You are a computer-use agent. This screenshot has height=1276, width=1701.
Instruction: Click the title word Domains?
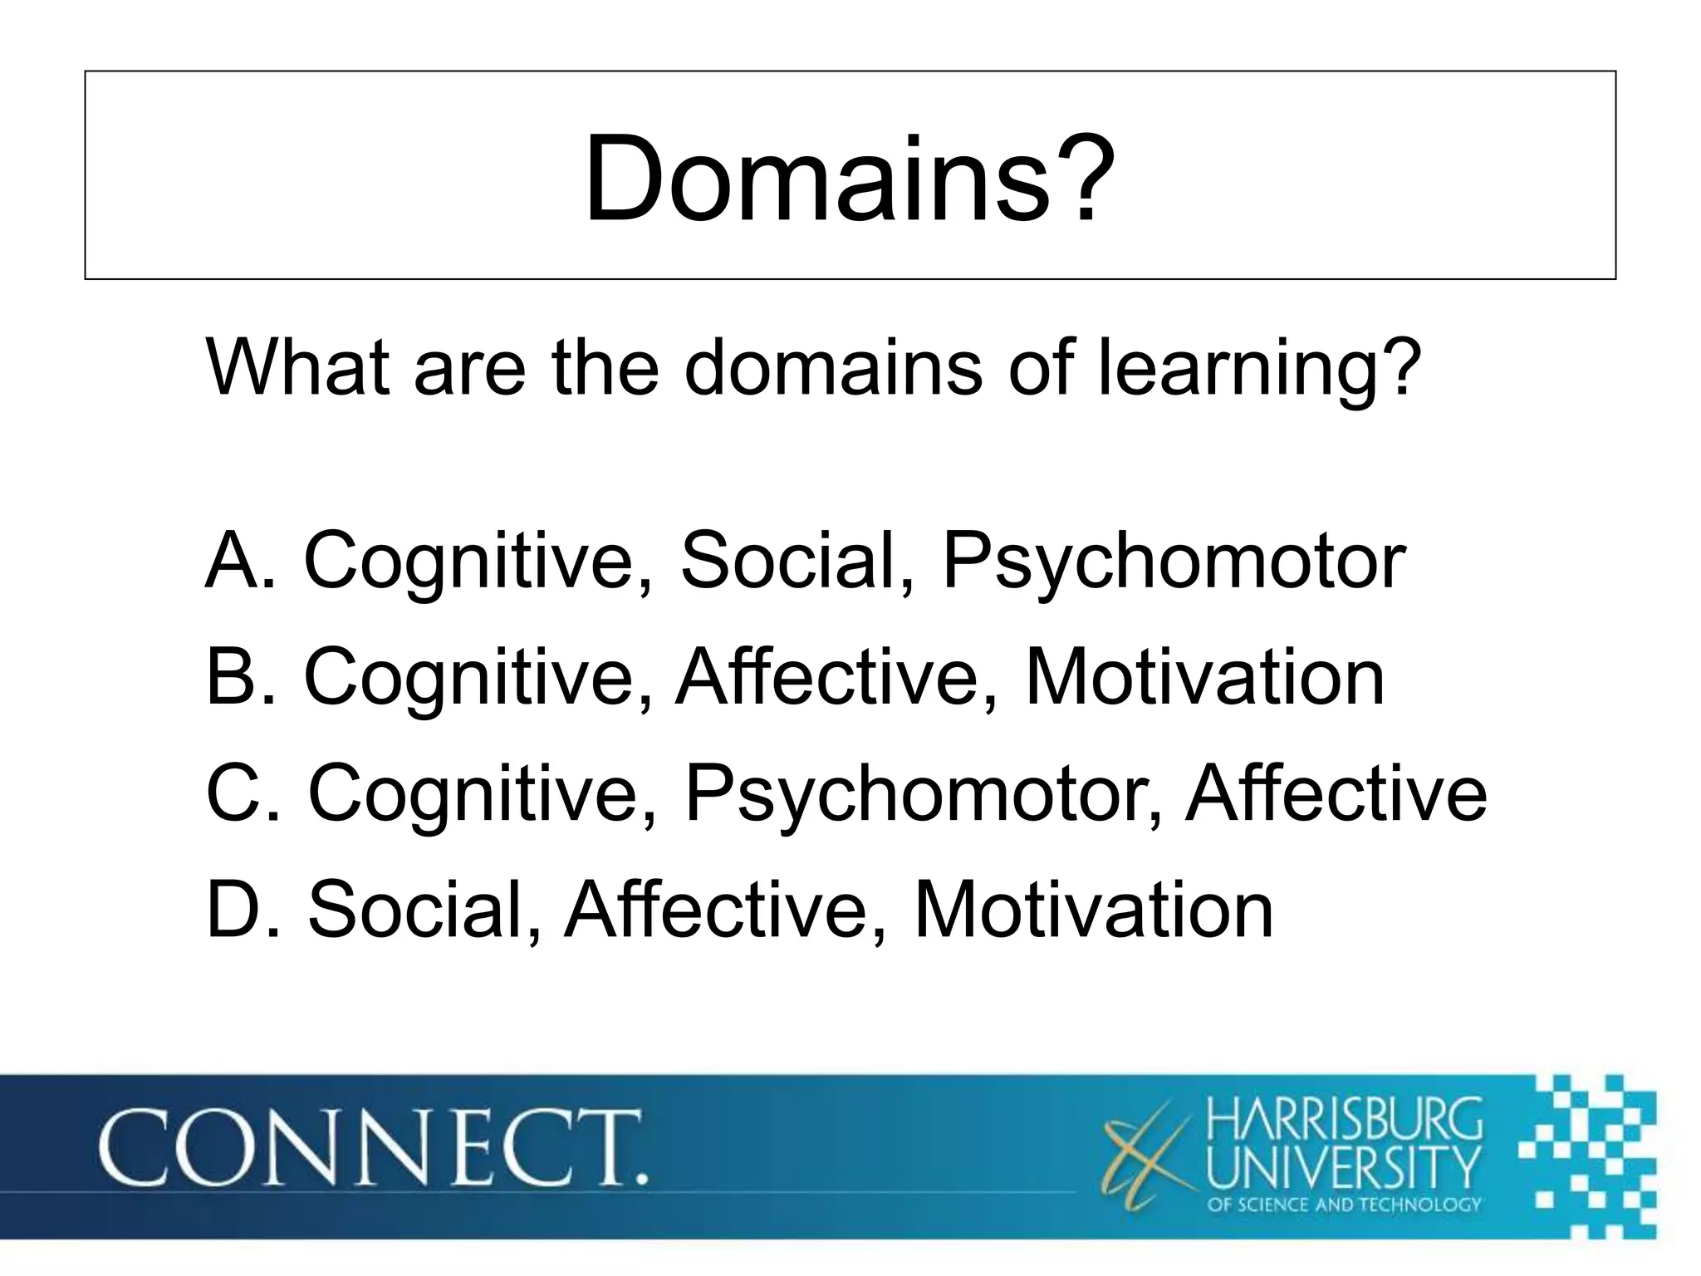pyautogui.click(x=849, y=179)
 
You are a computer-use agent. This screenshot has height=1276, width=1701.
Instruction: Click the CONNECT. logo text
pyautogui.click(x=373, y=1150)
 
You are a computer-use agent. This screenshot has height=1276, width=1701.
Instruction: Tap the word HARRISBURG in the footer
pyautogui.click(x=1343, y=1121)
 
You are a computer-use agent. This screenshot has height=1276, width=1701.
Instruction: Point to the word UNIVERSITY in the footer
pyautogui.click(x=1343, y=1167)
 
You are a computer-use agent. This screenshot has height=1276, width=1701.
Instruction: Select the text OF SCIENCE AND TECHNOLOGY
pyautogui.click(x=1343, y=1205)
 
